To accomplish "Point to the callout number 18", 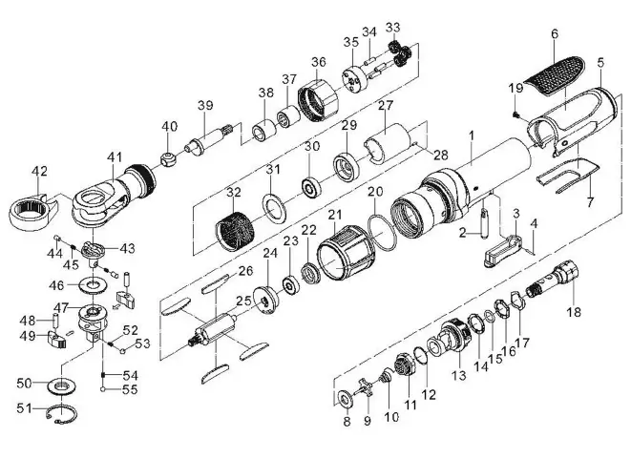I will click(x=573, y=312).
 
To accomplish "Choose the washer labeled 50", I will click(x=63, y=385).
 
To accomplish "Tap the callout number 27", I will click(x=385, y=106).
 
